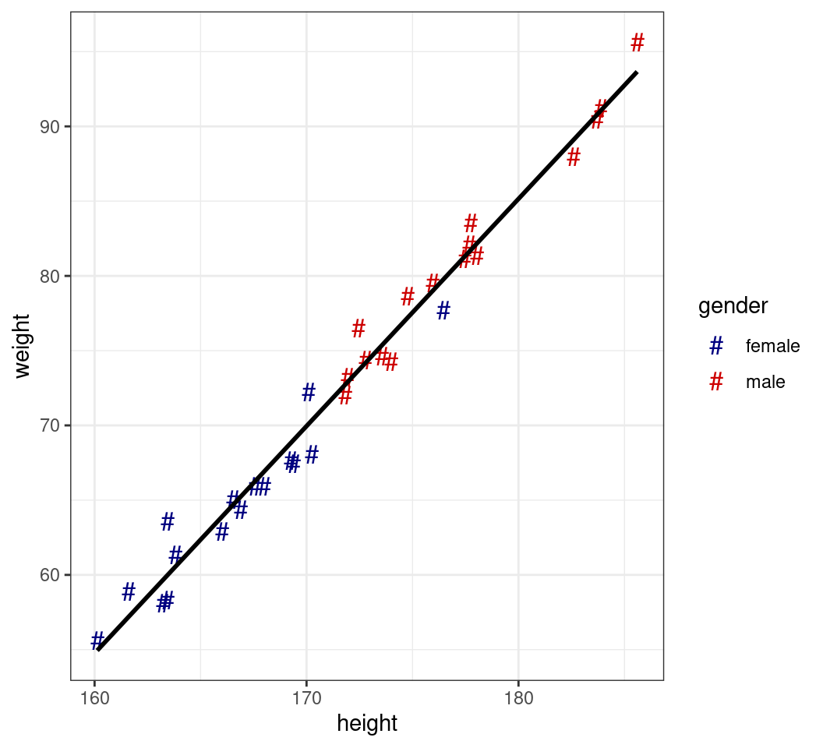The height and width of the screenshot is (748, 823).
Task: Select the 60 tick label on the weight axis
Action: [x=49, y=575]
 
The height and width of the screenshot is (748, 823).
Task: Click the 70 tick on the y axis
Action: [x=49, y=425]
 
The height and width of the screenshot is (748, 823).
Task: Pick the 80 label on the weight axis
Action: [x=49, y=276]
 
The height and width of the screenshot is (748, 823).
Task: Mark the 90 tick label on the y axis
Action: [x=49, y=126]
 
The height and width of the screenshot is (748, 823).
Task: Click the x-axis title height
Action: [x=367, y=724]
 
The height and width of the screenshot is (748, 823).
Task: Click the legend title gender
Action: [x=733, y=306]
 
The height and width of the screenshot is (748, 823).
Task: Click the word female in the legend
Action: [x=772, y=346]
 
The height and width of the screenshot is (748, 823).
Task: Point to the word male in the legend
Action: [x=765, y=383]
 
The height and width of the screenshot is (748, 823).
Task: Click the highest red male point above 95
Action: [x=638, y=43]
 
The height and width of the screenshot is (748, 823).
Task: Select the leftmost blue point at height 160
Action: [x=97, y=640]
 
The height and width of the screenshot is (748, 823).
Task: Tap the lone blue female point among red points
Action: [x=443, y=310]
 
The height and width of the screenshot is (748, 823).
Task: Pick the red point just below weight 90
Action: [x=574, y=157]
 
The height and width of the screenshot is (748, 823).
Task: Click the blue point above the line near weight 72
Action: [x=309, y=392]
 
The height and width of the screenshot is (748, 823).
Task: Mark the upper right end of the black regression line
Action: [x=637, y=72]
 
